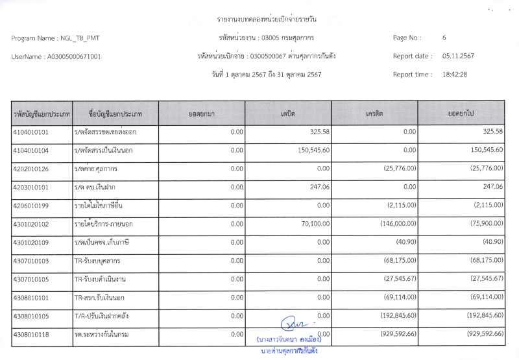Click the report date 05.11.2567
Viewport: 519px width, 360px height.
458,56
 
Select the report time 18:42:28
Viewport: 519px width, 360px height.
455,74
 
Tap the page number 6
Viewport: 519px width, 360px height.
444,38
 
